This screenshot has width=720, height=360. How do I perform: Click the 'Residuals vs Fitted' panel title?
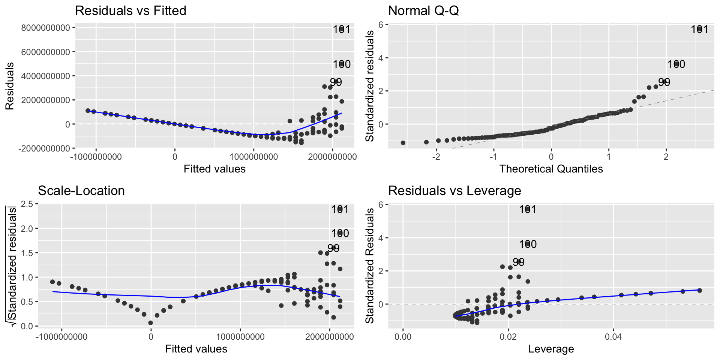coord(130,10)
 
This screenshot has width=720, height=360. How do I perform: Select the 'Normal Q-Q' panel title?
coord(423,10)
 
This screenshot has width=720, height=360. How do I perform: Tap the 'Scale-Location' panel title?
coord(81,190)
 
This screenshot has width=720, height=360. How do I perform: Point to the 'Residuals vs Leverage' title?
coord(454,190)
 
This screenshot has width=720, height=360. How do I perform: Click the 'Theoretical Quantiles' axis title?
coord(551,169)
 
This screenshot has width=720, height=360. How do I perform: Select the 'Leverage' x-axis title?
coord(551,349)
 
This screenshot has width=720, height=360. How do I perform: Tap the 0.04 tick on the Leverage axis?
coord(613,337)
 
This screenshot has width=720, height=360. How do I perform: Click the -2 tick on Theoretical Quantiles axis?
coord(436,156)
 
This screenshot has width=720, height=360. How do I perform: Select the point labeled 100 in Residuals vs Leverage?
coord(528,244)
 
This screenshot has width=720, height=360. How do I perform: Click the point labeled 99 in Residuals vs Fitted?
coord(336,82)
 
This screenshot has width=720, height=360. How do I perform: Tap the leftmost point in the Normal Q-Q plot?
coord(403,143)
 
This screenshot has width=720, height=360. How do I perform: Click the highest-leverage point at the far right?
coord(699,290)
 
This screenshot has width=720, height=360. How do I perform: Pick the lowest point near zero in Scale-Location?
coord(150,322)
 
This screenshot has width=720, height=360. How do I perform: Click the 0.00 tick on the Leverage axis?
coord(403,337)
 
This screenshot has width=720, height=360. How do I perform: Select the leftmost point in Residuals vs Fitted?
coord(88,111)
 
